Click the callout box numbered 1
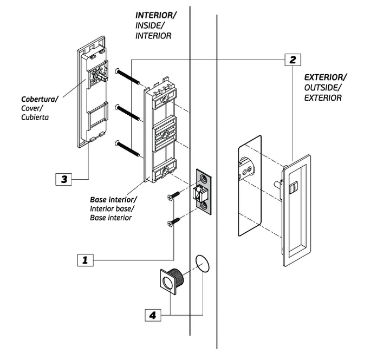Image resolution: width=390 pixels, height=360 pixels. [85, 260]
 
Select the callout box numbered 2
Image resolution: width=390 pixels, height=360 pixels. [292, 58]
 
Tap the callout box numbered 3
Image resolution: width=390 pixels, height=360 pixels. [64, 179]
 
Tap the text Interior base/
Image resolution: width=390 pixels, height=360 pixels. [112, 209]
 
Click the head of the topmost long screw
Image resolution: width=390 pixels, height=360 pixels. [118, 70]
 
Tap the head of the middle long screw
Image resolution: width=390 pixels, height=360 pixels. [118, 106]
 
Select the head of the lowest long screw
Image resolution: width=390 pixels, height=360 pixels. [117, 143]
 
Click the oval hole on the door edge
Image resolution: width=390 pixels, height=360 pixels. [201, 264]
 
